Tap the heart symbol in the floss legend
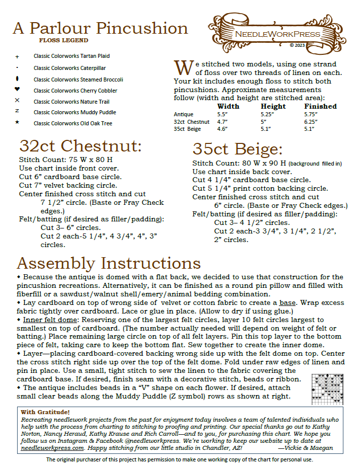pyautogui.click(x=18, y=90)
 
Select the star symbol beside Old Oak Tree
pyautogui.click(x=18, y=122)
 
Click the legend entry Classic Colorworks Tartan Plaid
pyautogui.click(x=71, y=56)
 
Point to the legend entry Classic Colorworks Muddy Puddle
pyautogui.click(x=75, y=112)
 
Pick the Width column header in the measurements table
pyautogui.click(x=228, y=107)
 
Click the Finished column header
pyautogui.click(x=320, y=107)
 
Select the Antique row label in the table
pyautogui.click(x=183, y=115)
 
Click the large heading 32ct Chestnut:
pyautogui.click(x=81, y=146)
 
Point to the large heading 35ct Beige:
pyautogui.click(x=238, y=149)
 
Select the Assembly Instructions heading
pyautogui.click(x=109, y=263)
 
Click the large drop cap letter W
pyautogui.click(x=184, y=67)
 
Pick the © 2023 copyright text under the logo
pyautogui.click(x=298, y=45)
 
